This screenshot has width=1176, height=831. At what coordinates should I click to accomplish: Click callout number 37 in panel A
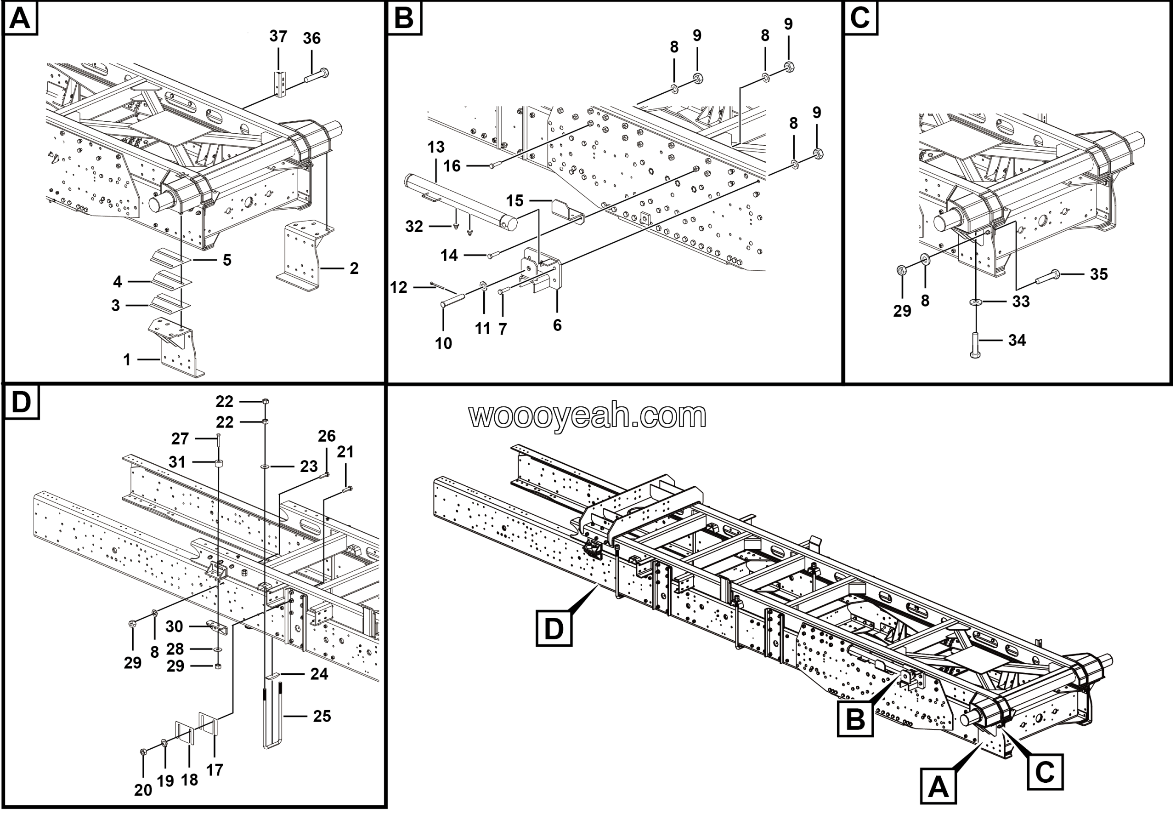tap(278, 36)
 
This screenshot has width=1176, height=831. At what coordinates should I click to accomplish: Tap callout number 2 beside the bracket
tap(354, 268)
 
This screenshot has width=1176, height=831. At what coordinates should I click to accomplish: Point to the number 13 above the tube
tap(436, 147)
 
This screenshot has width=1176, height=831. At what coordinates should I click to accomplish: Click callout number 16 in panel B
tap(452, 166)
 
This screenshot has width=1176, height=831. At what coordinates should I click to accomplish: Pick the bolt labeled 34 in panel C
tap(975, 344)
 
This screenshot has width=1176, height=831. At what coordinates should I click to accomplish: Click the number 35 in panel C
tap(1099, 274)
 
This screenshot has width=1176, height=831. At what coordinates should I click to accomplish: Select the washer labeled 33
tap(975, 302)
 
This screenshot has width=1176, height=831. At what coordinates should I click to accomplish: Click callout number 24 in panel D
tap(319, 674)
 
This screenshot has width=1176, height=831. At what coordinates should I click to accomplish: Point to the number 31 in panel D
tap(177, 462)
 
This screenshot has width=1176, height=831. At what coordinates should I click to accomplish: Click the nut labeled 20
tap(144, 751)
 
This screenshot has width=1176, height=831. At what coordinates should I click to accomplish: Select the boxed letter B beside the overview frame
tap(855, 719)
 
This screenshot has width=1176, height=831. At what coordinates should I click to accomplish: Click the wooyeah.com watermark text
tap(588, 415)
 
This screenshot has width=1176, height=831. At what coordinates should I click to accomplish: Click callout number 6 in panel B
tap(557, 325)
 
